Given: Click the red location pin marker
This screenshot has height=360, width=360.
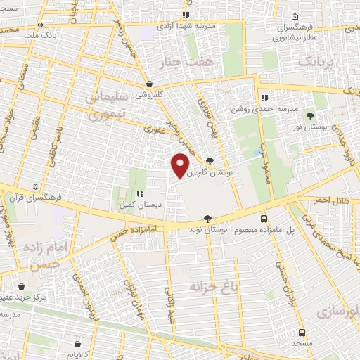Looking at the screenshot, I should pos(181,165).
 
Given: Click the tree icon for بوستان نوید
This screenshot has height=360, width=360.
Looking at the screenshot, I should pos(207,219).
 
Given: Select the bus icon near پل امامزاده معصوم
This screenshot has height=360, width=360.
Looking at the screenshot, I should pos(264,219).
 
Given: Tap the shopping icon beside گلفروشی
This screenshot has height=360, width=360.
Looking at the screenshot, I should pos(149,82).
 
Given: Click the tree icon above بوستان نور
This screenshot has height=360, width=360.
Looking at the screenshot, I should pos(321,116).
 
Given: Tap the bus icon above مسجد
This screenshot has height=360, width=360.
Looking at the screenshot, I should pos(302,333).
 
